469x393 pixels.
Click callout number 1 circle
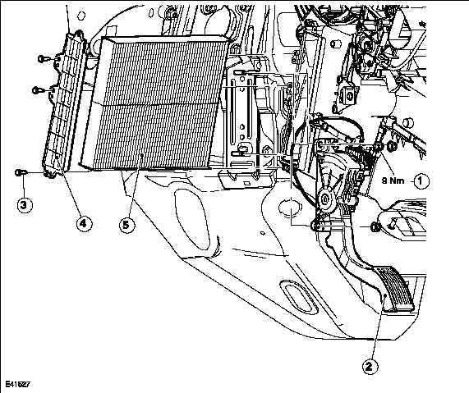[421, 181]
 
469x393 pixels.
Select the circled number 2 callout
[370, 367]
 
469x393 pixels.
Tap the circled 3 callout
[25, 205]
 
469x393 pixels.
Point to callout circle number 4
[84, 223]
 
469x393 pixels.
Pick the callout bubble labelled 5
[126, 225]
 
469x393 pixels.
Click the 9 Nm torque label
[393, 181]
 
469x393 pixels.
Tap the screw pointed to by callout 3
[21, 172]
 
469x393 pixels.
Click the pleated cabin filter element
[154, 103]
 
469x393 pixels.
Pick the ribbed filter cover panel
[63, 102]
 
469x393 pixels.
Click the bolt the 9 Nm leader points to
[392, 146]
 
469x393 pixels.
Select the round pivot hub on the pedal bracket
[324, 199]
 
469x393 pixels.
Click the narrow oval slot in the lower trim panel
[298, 298]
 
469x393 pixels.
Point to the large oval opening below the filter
[192, 219]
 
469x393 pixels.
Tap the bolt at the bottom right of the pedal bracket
[375, 227]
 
